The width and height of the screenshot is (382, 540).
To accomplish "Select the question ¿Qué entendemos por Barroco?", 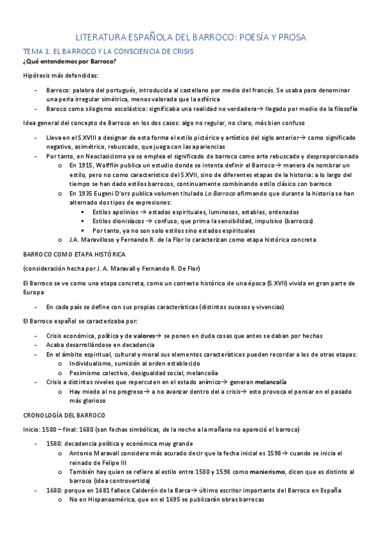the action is coord(70,61).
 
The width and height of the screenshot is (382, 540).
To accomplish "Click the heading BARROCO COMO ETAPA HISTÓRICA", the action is coord(74,253).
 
